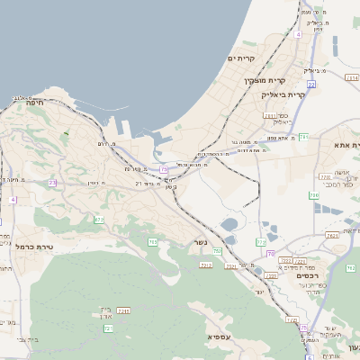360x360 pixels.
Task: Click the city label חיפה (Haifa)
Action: click(x=36, y=103)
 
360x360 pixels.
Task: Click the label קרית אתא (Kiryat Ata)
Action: click(x=345, y=144)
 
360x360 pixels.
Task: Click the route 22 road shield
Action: click(x=311, y=84)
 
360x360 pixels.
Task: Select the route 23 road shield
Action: click(x=52, y=183)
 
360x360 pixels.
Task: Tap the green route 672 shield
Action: click(x=99, y=220)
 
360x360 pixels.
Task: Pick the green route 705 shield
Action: click(x=153, y=242)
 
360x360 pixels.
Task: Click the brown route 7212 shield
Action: click(x=206, y=265)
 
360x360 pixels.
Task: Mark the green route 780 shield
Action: click(x=314, y=194)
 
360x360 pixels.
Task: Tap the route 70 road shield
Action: click(x=270, y=254)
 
